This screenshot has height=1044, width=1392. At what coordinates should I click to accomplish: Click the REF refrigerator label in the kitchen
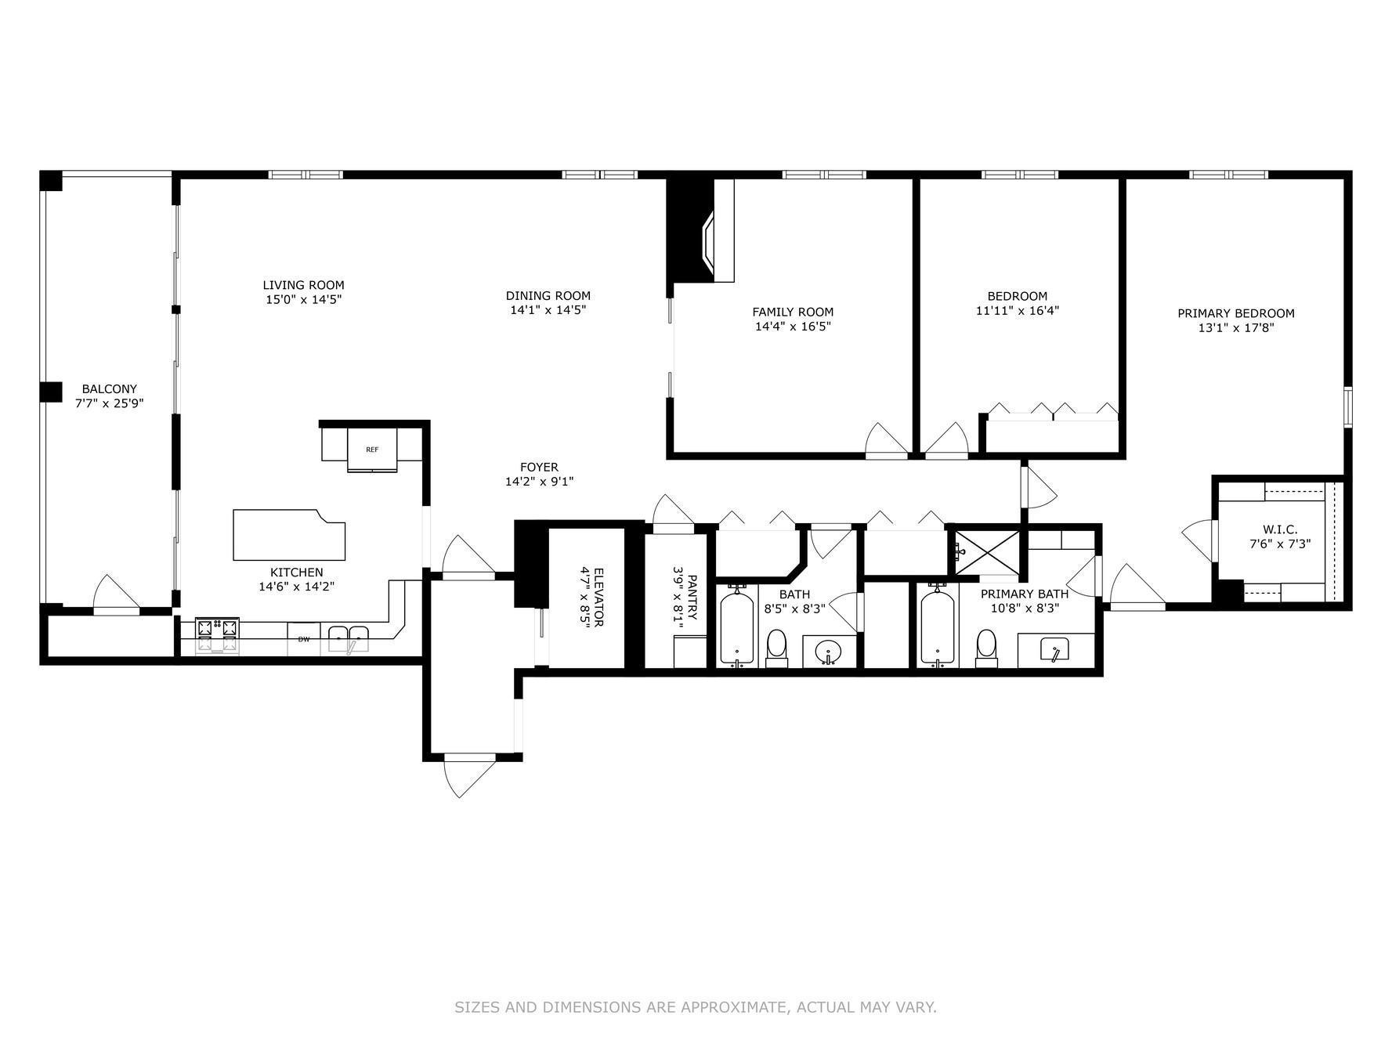[372, 450]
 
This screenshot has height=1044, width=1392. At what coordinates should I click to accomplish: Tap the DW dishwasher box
[303, 639]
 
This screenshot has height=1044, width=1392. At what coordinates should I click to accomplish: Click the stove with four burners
[217, 634]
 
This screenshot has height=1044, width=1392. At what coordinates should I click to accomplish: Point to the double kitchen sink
[349, 637]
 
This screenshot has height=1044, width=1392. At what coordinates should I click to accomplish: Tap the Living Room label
[303, 285]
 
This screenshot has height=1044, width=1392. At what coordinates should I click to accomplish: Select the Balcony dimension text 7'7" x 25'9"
[110, 403]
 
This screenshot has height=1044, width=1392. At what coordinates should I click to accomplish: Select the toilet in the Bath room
[776, 647]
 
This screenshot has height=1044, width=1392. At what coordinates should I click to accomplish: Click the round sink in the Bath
[829, 650]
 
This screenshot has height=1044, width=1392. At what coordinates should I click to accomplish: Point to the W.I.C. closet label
[1280, 529]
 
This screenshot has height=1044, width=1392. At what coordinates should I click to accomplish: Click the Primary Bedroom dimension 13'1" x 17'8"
[1236, 328]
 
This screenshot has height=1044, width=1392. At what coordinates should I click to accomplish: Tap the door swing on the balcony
[115, 594]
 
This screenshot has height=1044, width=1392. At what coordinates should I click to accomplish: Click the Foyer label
[539, 467]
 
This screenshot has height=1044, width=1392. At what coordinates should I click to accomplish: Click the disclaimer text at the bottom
[696, 1007]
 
